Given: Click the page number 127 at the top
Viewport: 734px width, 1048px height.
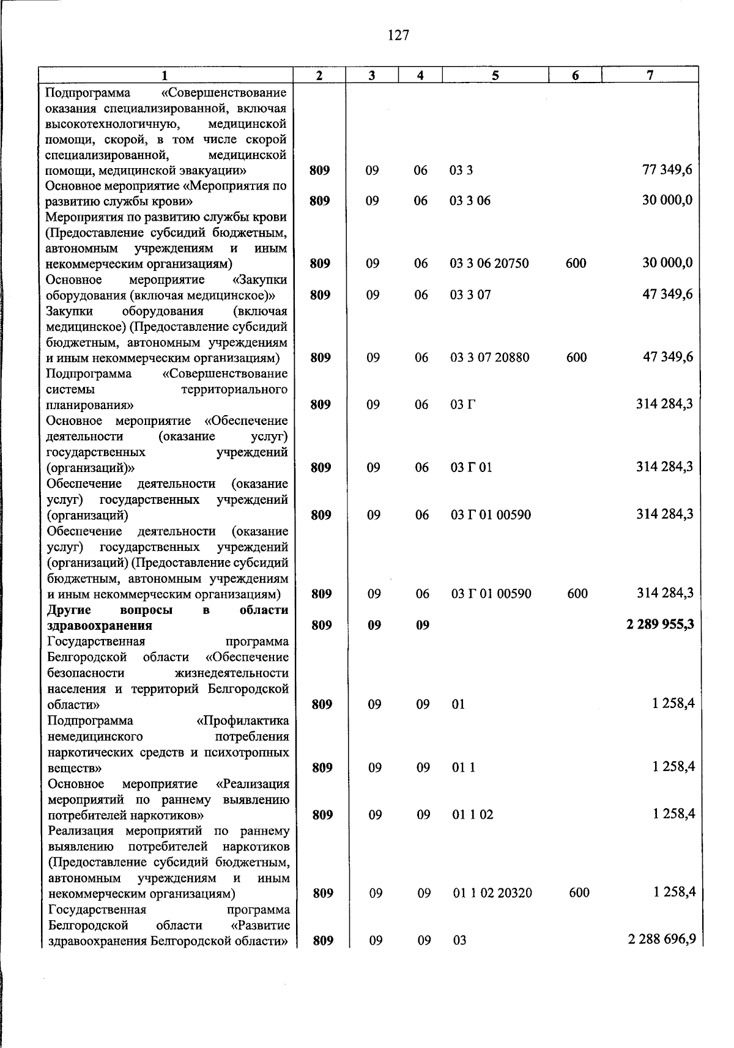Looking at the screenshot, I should tap(398, 35).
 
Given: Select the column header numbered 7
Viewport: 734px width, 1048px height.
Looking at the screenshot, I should tap(650, 75).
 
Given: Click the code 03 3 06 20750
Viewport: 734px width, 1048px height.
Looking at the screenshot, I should tap(489, 264).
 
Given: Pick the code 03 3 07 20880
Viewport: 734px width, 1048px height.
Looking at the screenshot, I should tap(490, 358).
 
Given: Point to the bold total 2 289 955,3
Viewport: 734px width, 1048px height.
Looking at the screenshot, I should tap(660, 625).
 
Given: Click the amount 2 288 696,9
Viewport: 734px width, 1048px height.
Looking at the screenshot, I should tap(662, 939).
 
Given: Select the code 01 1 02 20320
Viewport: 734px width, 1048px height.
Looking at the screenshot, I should tap(492, 893).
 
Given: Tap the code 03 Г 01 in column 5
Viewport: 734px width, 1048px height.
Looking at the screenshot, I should tap(471, 468).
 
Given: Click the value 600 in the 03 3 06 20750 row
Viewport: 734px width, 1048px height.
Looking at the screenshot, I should tap(576, 264).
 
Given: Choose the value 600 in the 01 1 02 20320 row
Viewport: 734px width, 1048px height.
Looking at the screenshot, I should tap(579, 893).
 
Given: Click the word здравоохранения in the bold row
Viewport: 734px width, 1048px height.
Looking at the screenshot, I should tap(100, 625).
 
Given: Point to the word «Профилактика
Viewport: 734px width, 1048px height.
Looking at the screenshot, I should tap(242, 721).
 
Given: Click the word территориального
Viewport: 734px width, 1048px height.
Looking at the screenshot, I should tap(234, 389).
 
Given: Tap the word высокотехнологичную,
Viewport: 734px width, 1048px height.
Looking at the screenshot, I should tap(112, 125).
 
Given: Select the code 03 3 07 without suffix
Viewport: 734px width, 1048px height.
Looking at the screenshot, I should tap(470, 295).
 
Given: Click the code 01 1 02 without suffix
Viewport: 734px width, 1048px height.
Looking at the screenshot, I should tap(473, 814).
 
